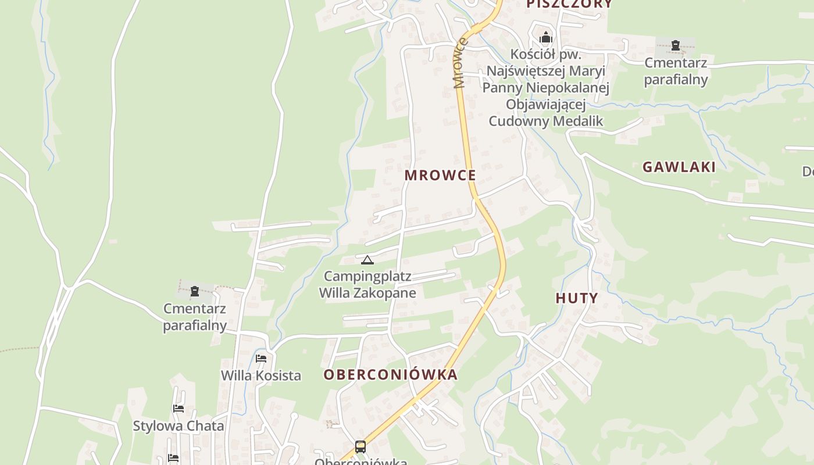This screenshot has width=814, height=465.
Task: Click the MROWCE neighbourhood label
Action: (x=440, y=175)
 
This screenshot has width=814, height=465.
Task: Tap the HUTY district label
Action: (x=576, y=298)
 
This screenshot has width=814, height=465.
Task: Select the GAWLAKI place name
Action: (x=679, y=167)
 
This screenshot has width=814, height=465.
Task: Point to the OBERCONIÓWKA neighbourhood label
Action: (x=391, y=375)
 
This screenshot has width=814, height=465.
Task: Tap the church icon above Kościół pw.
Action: (x=545, y=38)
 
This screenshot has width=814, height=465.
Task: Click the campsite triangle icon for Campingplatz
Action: (x=367, y=260)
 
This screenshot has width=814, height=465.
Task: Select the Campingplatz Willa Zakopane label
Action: (x=367, y=284)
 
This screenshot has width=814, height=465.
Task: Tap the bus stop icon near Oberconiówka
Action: (x=360, y=446)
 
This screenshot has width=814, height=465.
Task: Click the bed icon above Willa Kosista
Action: (x=261, y=358)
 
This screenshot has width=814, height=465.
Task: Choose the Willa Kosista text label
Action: (x=261, y=375)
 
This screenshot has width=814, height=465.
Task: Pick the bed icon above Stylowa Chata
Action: (x=178, y=409)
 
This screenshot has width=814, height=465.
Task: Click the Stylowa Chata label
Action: (x=178, y=426)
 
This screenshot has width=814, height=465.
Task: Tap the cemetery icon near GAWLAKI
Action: (x=675, y=45)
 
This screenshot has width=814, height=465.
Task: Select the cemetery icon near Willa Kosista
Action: (x=194, y=291)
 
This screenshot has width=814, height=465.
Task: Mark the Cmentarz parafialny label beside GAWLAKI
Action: (x=676, y=71)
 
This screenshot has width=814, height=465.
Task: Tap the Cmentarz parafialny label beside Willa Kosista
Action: (x=194, y=317)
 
